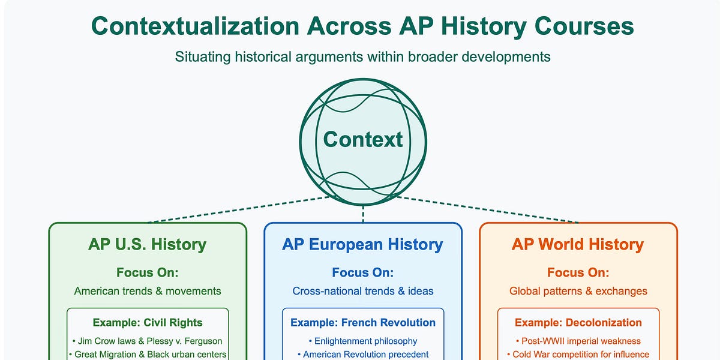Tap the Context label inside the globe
click(x=363, y=139)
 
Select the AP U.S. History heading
click(x=148, y=245)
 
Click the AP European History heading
click(x=363, y=245)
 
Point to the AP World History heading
click(x=578, y=245)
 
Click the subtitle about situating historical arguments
click(x=363, y=57)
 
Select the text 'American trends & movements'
click(x=148, y=291)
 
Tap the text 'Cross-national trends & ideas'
click(x=363, y=291)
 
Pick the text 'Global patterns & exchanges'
click(x=578, y=291)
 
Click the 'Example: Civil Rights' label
click(x=148, y=322)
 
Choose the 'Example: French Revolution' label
click(x=363, y=322)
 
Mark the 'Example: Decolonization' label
click(x=578, y=322)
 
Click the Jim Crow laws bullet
click(x=148, y=341)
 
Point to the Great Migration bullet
click(x=148, y=354)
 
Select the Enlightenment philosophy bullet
click(x=363, y=341)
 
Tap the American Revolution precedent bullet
click(x=363, y=354)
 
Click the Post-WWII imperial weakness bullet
click(x=578, y=341)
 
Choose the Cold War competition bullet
click(x=578, y=354)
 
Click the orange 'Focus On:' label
click(x=578, y=272)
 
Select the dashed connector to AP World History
click(x=486, y=209)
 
